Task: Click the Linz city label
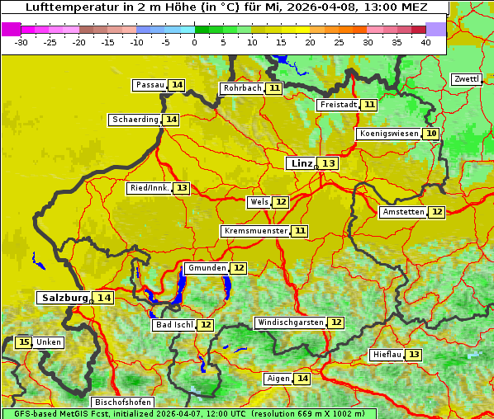pos(301,163)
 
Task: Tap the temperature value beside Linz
pos(329,163)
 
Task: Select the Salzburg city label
pos(64,298)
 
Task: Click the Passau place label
pos(150,85)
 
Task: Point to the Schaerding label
pos(135,120)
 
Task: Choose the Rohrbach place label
pos(241,88)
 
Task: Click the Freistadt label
pos(338,105)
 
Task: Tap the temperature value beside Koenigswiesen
pos(431,134)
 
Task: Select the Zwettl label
pos(466,79)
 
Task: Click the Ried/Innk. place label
pos(150,188)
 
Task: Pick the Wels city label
pos(259,202)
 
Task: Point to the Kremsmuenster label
pos(255,231)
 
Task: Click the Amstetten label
pos(402,212)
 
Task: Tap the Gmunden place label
pos(206,268)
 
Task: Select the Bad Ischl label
pos(173,325)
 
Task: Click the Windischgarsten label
pos(289,322)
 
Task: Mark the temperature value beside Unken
pos(23,342)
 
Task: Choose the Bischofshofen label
pos(121,403)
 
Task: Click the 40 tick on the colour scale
pos(425,42)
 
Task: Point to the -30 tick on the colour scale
pos(21,42)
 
